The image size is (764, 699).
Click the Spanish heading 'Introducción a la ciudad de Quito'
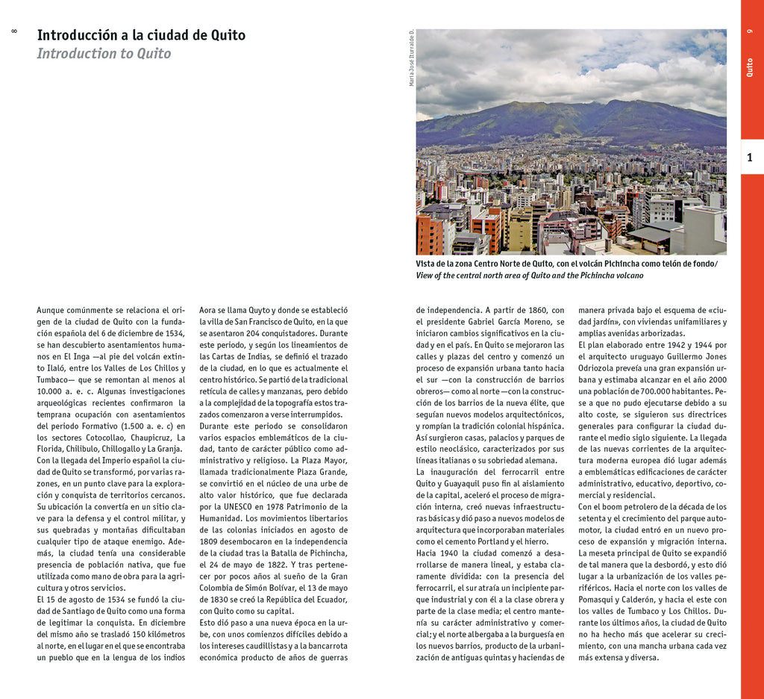141,35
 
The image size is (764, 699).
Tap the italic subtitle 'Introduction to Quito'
104,54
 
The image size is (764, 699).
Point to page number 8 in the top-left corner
13,31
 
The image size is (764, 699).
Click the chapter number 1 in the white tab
750,157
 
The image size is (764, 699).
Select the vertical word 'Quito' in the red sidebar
750,67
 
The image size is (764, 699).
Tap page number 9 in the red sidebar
750,31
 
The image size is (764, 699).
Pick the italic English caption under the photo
529,276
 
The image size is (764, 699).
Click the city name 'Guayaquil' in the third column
472,483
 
